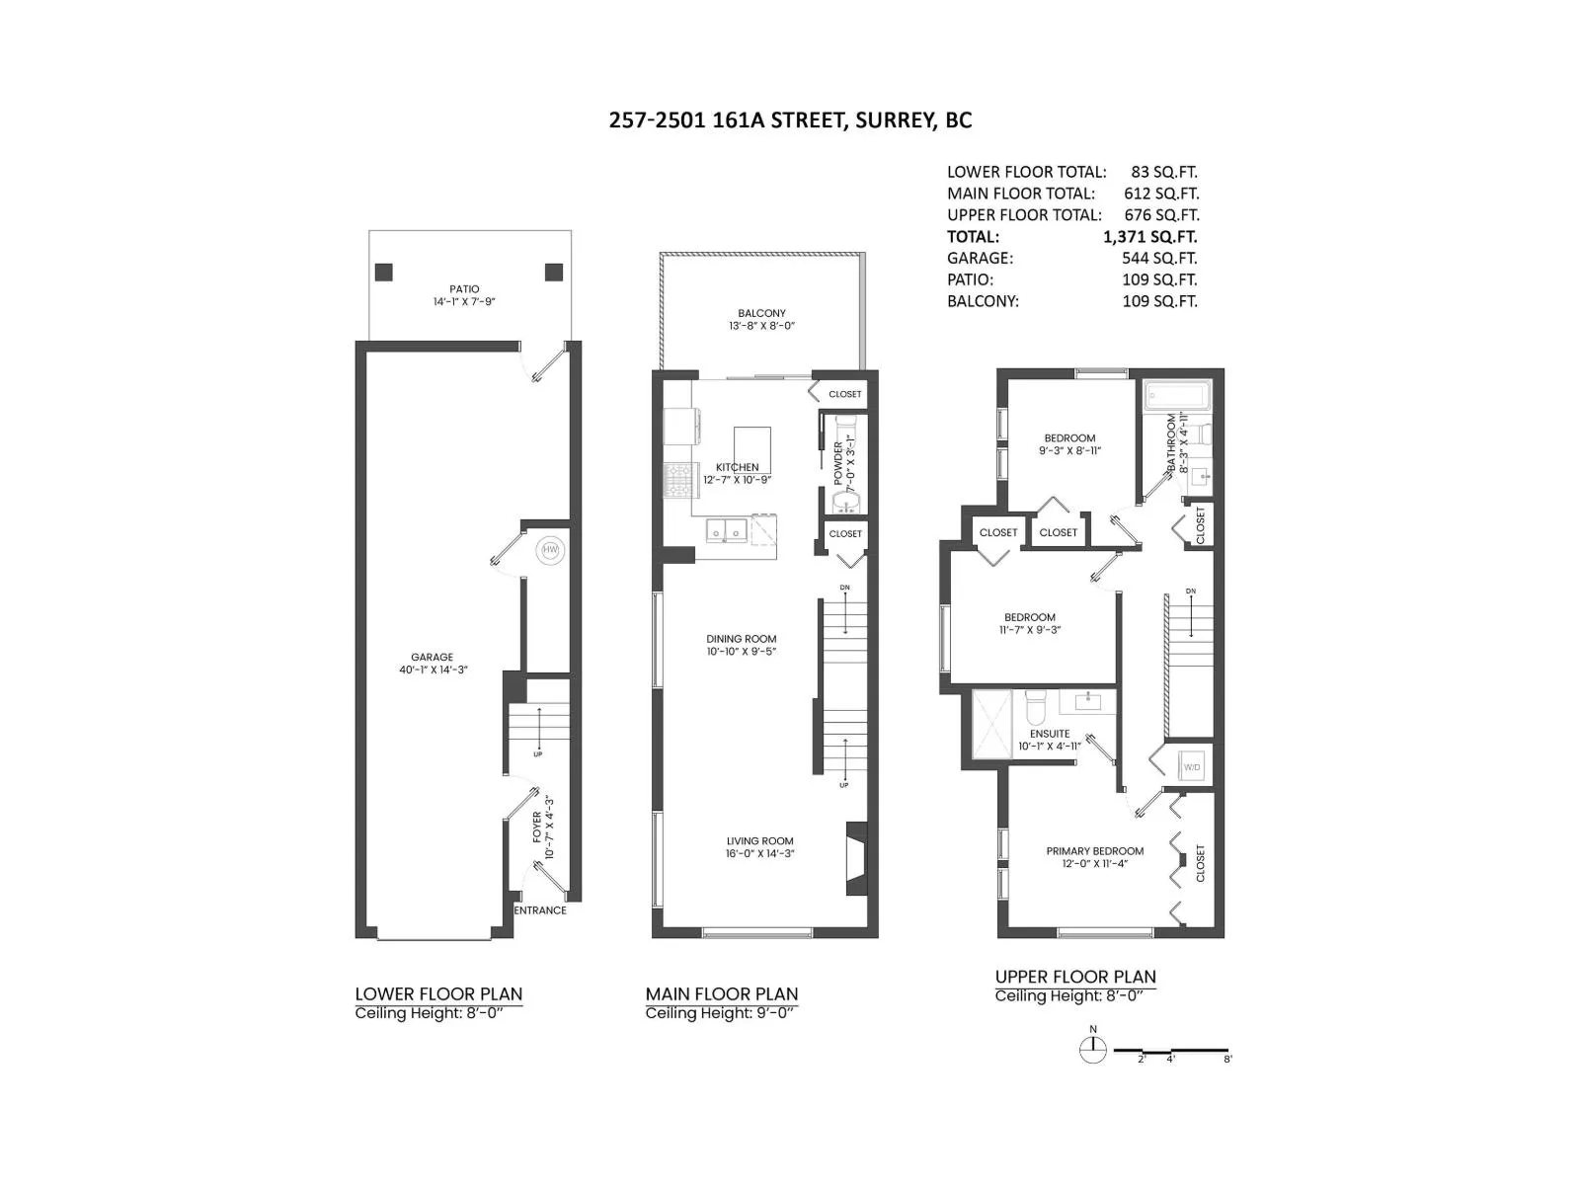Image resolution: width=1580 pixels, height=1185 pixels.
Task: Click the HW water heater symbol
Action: coord(549,550)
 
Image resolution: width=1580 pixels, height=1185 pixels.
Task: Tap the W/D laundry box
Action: coord(1192,766)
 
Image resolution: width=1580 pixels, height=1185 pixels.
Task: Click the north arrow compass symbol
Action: coord(1093,1050)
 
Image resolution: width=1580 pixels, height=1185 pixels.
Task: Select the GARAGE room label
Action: coord(432,657)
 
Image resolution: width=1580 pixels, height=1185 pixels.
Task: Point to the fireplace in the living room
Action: coord(855,858)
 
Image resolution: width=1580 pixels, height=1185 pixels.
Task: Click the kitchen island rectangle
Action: coord(752,449)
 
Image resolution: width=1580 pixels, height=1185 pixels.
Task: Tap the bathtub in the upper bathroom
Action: coord(1176,397)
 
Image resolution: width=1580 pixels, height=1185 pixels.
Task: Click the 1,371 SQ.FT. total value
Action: coord(1149,237)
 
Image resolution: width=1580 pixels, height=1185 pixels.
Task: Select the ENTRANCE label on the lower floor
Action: coord(540,910)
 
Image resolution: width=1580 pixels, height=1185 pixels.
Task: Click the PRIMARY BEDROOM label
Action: coord(1094,850)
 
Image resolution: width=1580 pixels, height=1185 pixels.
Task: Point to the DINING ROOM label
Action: coord(741,639)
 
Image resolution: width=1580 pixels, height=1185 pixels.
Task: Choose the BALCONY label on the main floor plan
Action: coord(761,313)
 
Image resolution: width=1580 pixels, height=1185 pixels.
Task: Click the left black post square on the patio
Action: coord(384,272)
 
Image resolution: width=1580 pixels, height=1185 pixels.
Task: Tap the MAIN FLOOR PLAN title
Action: coord(721,994)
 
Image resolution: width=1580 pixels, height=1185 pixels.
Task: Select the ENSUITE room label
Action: coord(1049,734)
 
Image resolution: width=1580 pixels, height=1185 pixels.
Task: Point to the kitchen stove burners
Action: coord(679,479)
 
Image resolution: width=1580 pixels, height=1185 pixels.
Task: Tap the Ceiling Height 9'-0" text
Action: coord(721,1014)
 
